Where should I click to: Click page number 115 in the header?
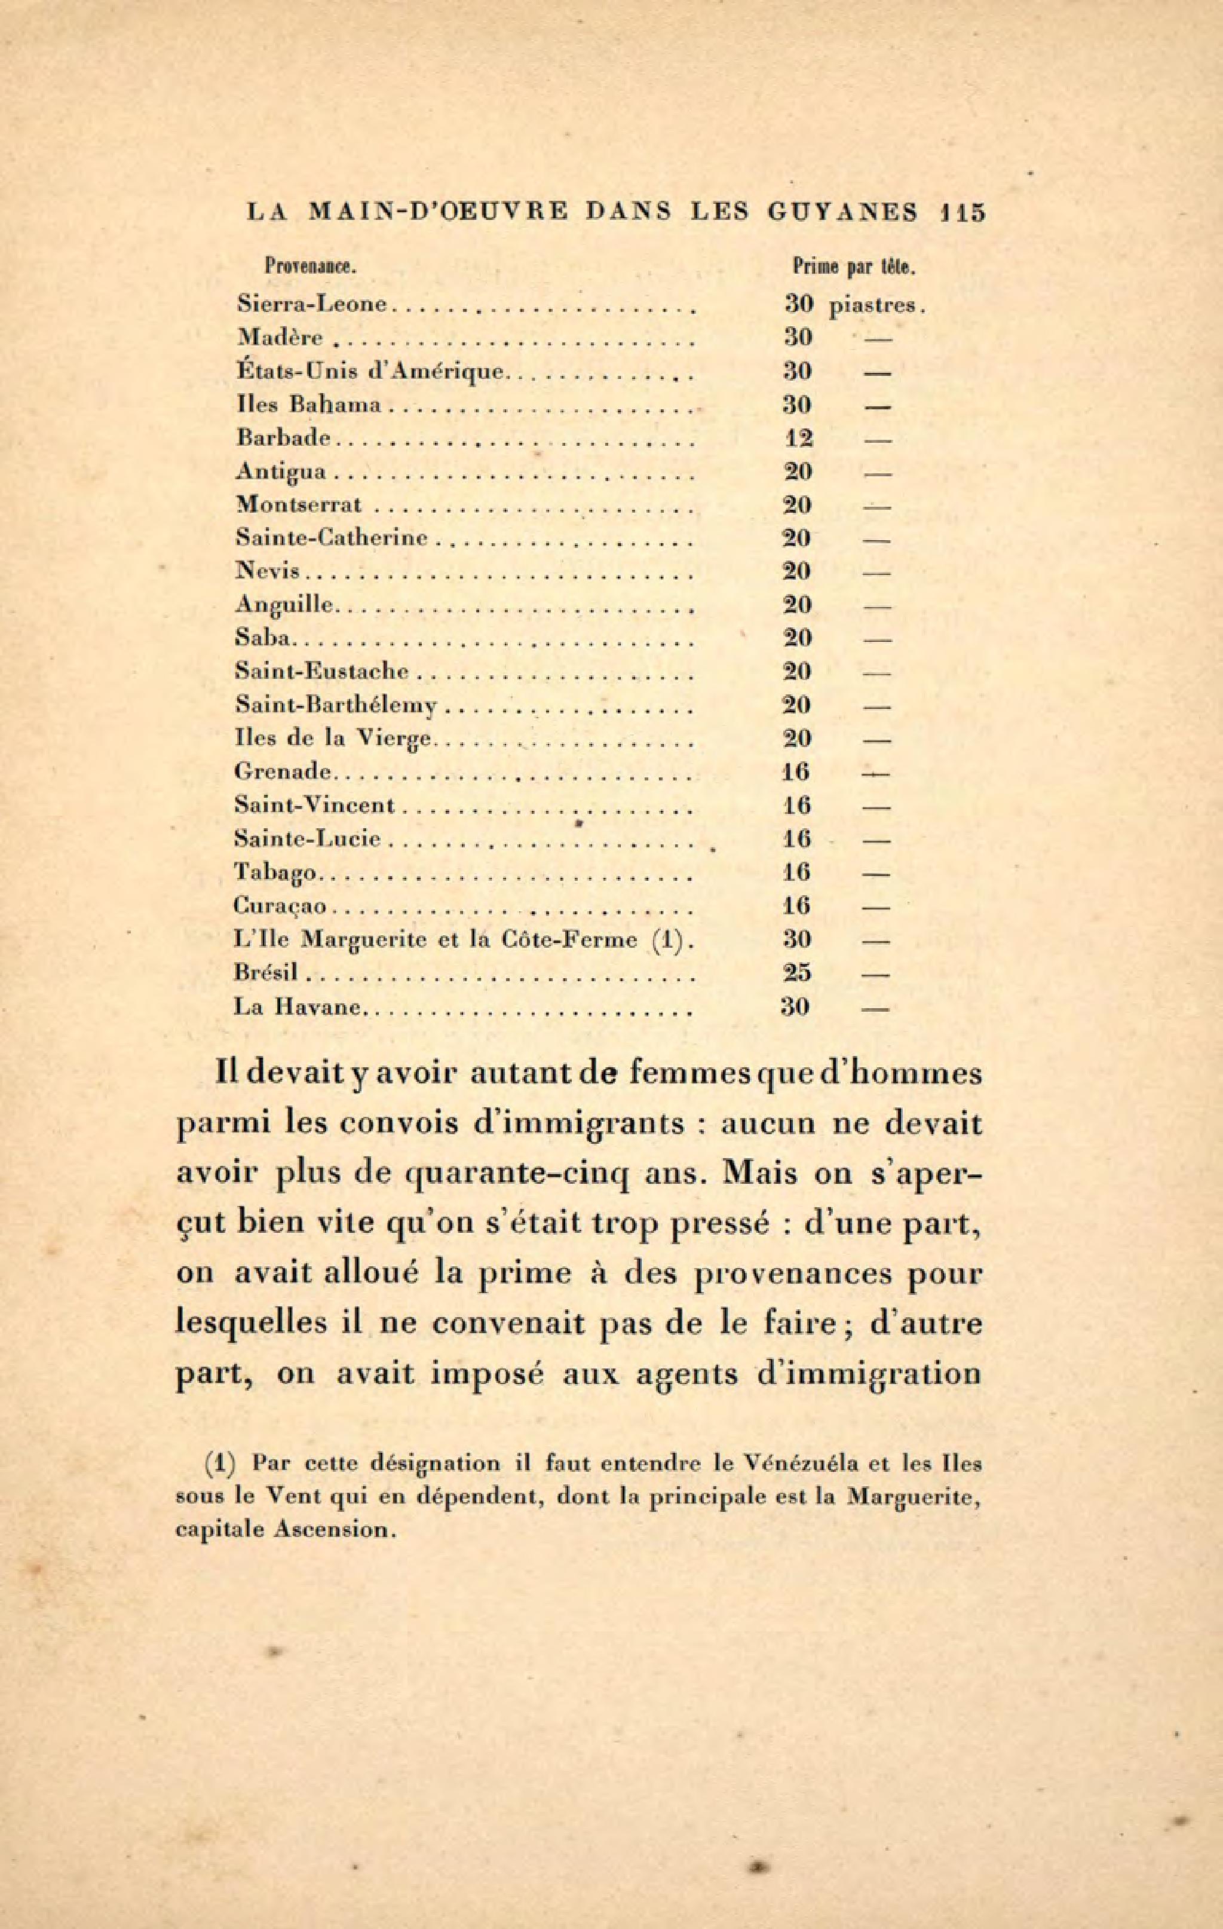tap(962, 212)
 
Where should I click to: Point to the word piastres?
tap(876, 305)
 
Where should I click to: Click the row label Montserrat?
tap(299, 506)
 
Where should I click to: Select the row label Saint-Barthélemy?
tap(337, 706)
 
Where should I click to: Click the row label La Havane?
tap(297, 1007)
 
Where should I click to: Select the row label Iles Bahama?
tap(308, 405)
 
